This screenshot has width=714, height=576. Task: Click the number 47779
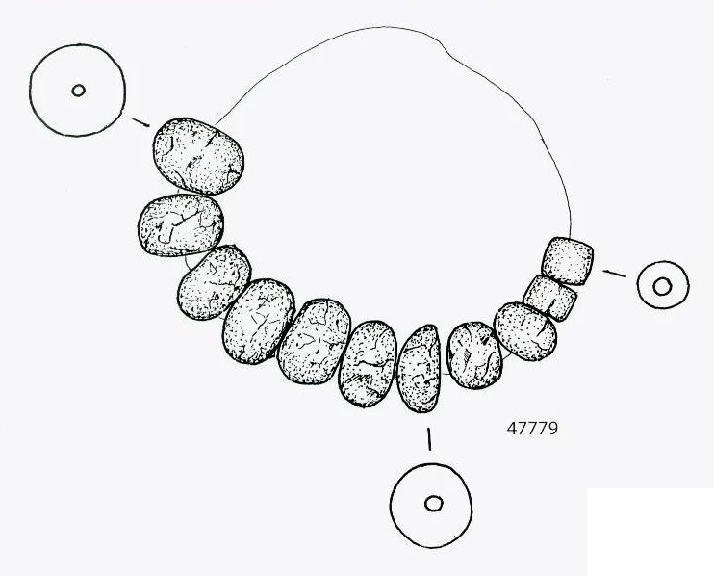pyautogui.click(x=532, y=429)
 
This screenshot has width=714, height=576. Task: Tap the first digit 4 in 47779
pyautogui.click(x=511, y=429)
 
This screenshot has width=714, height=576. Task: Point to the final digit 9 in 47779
pyautogui.click(x=552, y=429)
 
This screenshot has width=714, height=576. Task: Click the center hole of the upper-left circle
pyautogui.click(x=78, y=91)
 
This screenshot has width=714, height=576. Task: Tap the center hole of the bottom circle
pyautogui.click(x=433, y=504)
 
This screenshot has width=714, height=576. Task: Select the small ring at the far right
pyautogui.click(x=663, y=285)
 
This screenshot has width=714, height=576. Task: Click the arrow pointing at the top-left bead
pyautogui.click(x=140, y=122)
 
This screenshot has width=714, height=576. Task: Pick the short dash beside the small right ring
pyautogui.click(x=614, y=274)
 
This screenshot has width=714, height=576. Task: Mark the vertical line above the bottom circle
pyautogui.click(x=428, y=439)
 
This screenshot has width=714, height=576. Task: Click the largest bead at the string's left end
pyautogui.click(x=198, y=156)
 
